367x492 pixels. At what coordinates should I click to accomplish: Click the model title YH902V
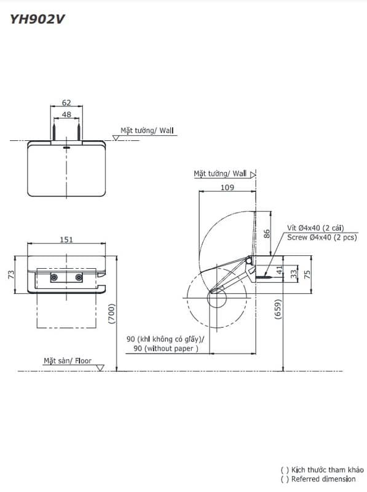37,20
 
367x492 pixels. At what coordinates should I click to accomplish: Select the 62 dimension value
66,103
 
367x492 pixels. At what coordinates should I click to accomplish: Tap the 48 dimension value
66,114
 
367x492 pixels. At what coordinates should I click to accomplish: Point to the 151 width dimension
66,239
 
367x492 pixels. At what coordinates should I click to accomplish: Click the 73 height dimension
11,274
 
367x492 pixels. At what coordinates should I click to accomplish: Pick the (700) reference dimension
112,314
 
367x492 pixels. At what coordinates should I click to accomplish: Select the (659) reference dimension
278,309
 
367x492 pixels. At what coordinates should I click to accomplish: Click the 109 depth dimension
227,188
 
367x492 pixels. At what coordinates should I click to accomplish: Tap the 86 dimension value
267,234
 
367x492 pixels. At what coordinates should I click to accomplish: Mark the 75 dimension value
307,274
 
